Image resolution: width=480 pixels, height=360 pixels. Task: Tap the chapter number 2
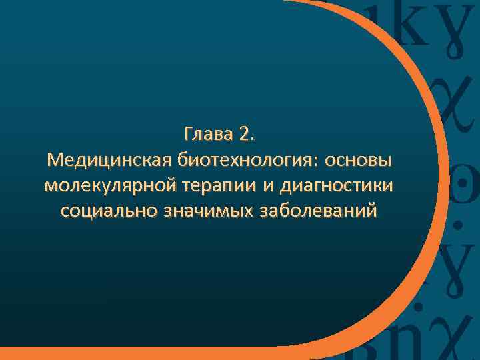pyautogui.click(x=244, y=136)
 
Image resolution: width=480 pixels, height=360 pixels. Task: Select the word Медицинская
pyautogui.click(x=111, y=161)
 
